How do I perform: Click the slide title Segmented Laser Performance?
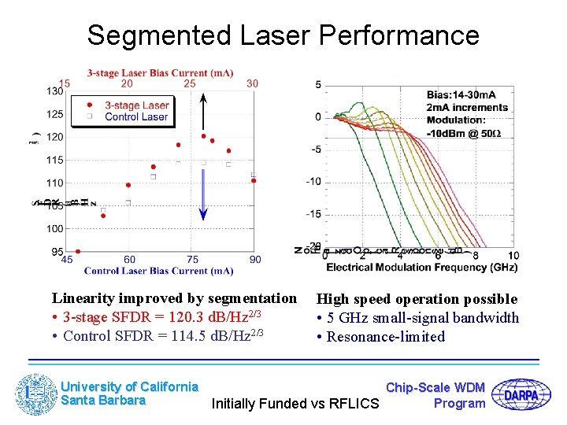click(x=283, y=35)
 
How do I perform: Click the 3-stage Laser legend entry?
click(x=136, y=105)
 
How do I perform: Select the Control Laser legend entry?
click(x=136, y=116)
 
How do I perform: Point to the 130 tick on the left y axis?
click(x=54, y=91)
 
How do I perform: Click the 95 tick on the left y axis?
click(x=57, y=251)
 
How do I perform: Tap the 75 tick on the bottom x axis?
click(x=192, y=260)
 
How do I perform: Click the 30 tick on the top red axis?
click(x=252, y=83)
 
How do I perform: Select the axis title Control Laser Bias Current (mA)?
click(x=158, y=271)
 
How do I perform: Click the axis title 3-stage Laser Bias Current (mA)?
click(x=160, y=73)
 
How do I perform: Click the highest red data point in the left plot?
click(x=203, y=136)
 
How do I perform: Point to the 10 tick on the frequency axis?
click(x=513, y=256)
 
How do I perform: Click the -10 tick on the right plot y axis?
click(x=313, y=181)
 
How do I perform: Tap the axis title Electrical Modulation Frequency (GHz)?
click(x=421, y=268)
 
